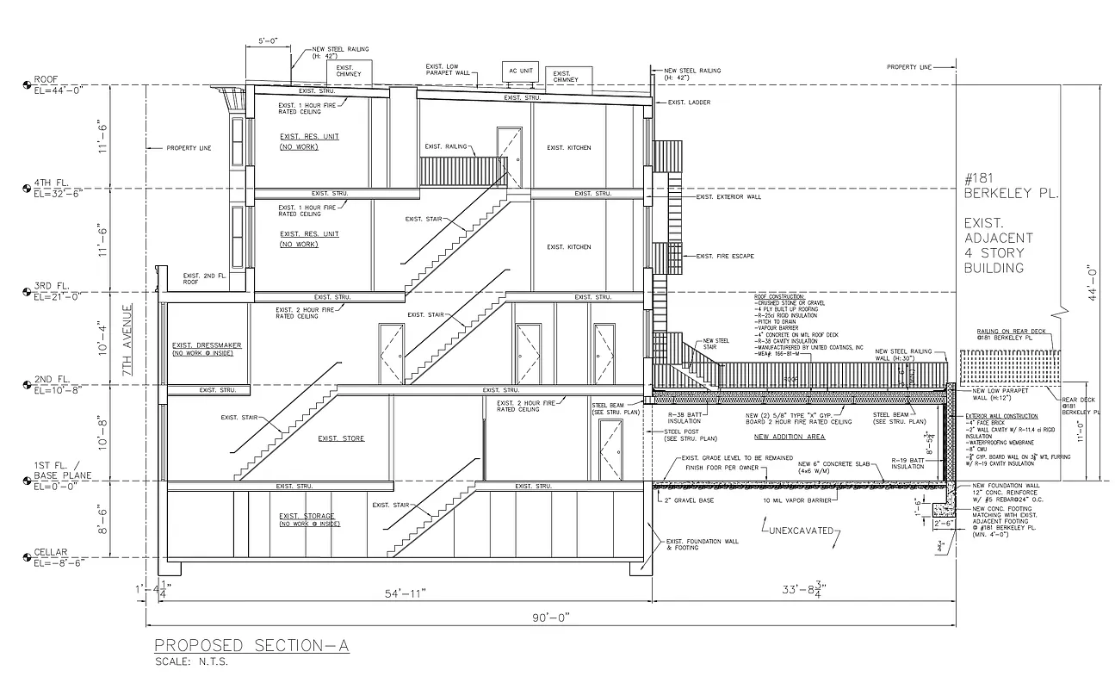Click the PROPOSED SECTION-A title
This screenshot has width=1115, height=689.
coord(251,646)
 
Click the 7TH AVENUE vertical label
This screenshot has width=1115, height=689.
coord(127,343)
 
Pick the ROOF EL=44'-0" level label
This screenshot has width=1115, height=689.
coord(53,84)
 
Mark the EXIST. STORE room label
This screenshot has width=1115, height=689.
coord(341,438)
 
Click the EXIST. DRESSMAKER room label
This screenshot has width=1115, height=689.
coord(207,345)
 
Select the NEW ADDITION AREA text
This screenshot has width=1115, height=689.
coord(790,437)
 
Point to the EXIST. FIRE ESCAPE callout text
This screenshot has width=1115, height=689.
coord(728,256)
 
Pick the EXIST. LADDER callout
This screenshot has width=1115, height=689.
coord(690,102)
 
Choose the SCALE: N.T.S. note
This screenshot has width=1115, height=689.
coord(191,662)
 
